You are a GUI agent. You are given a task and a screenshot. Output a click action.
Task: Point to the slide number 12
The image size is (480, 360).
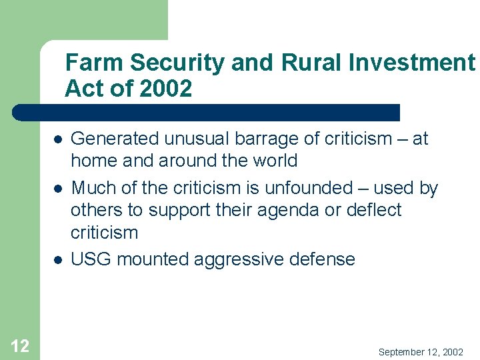(20, 345)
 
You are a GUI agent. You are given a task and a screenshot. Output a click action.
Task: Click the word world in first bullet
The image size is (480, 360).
(275, 161)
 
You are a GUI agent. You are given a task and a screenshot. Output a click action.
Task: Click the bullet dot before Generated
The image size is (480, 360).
(59, 140)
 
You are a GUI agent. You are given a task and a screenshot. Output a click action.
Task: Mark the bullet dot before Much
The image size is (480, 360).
(59, 189)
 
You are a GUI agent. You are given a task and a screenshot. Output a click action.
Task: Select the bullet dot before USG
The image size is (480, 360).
(59, 259)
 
